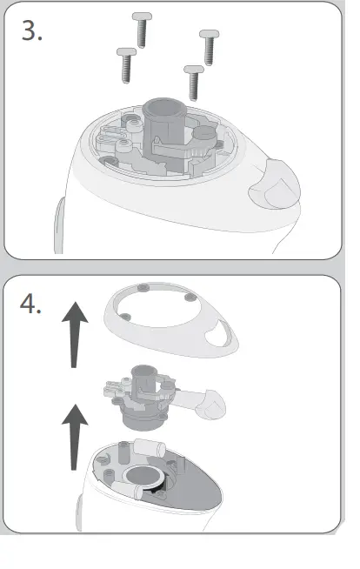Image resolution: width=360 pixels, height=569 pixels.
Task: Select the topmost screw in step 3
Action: click(x=141, y=30)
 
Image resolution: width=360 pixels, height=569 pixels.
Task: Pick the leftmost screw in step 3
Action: click(x=126, y=64)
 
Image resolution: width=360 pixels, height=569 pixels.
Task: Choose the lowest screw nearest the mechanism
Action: click(x=194, y=82)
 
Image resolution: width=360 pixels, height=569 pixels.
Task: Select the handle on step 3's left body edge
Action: click(x=59, y=224)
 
